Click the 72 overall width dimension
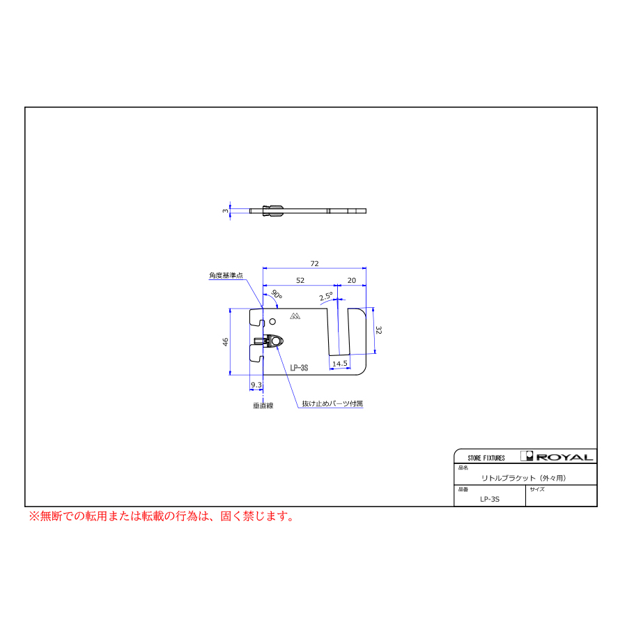pos(314,263)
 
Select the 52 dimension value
pos(300,280)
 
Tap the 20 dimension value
pos(352,280)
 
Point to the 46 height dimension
pos(226,342)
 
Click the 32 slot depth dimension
pos(379,330)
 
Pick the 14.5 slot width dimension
pos(340,364)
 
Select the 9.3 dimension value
pos(256,385)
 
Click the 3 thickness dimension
pos(226,210)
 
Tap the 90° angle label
pos(277,294)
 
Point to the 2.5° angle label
pos(326,296)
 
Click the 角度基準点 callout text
pos(226,275)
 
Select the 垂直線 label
pos(263,405)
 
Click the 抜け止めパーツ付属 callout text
pos(332,403)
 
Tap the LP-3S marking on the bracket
pos(299,368)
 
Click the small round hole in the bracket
pos(272,321)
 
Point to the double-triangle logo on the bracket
pos(295,316)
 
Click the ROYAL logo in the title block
pos(557,456)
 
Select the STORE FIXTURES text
pos(486,458)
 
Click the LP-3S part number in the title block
pos(490,499)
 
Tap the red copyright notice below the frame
pos(162,516)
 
